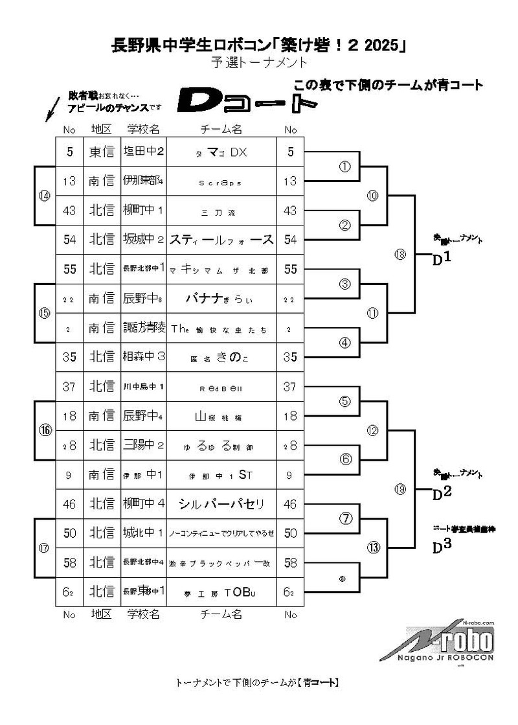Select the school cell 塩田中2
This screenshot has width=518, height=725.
[x=143, y=152]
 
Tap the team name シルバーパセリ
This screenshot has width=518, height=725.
[x=221, y=503]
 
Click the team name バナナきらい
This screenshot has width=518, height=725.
[x=221, y=299]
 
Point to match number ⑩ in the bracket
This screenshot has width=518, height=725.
[x=372, y=196]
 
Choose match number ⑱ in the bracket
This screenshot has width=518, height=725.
[x=400, y=255]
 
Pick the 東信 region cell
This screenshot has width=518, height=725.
[x=102, y=152]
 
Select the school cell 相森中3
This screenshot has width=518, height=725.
[x=143, y=357]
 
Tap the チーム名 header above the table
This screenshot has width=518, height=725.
[x=221, y=130]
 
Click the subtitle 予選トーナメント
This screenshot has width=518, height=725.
[x=258, y=63]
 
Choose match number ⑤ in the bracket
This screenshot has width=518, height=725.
[x=345, y=401]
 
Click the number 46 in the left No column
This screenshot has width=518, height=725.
[x=69, y=503]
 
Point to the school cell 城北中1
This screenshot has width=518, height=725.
[x=143, y=533]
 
